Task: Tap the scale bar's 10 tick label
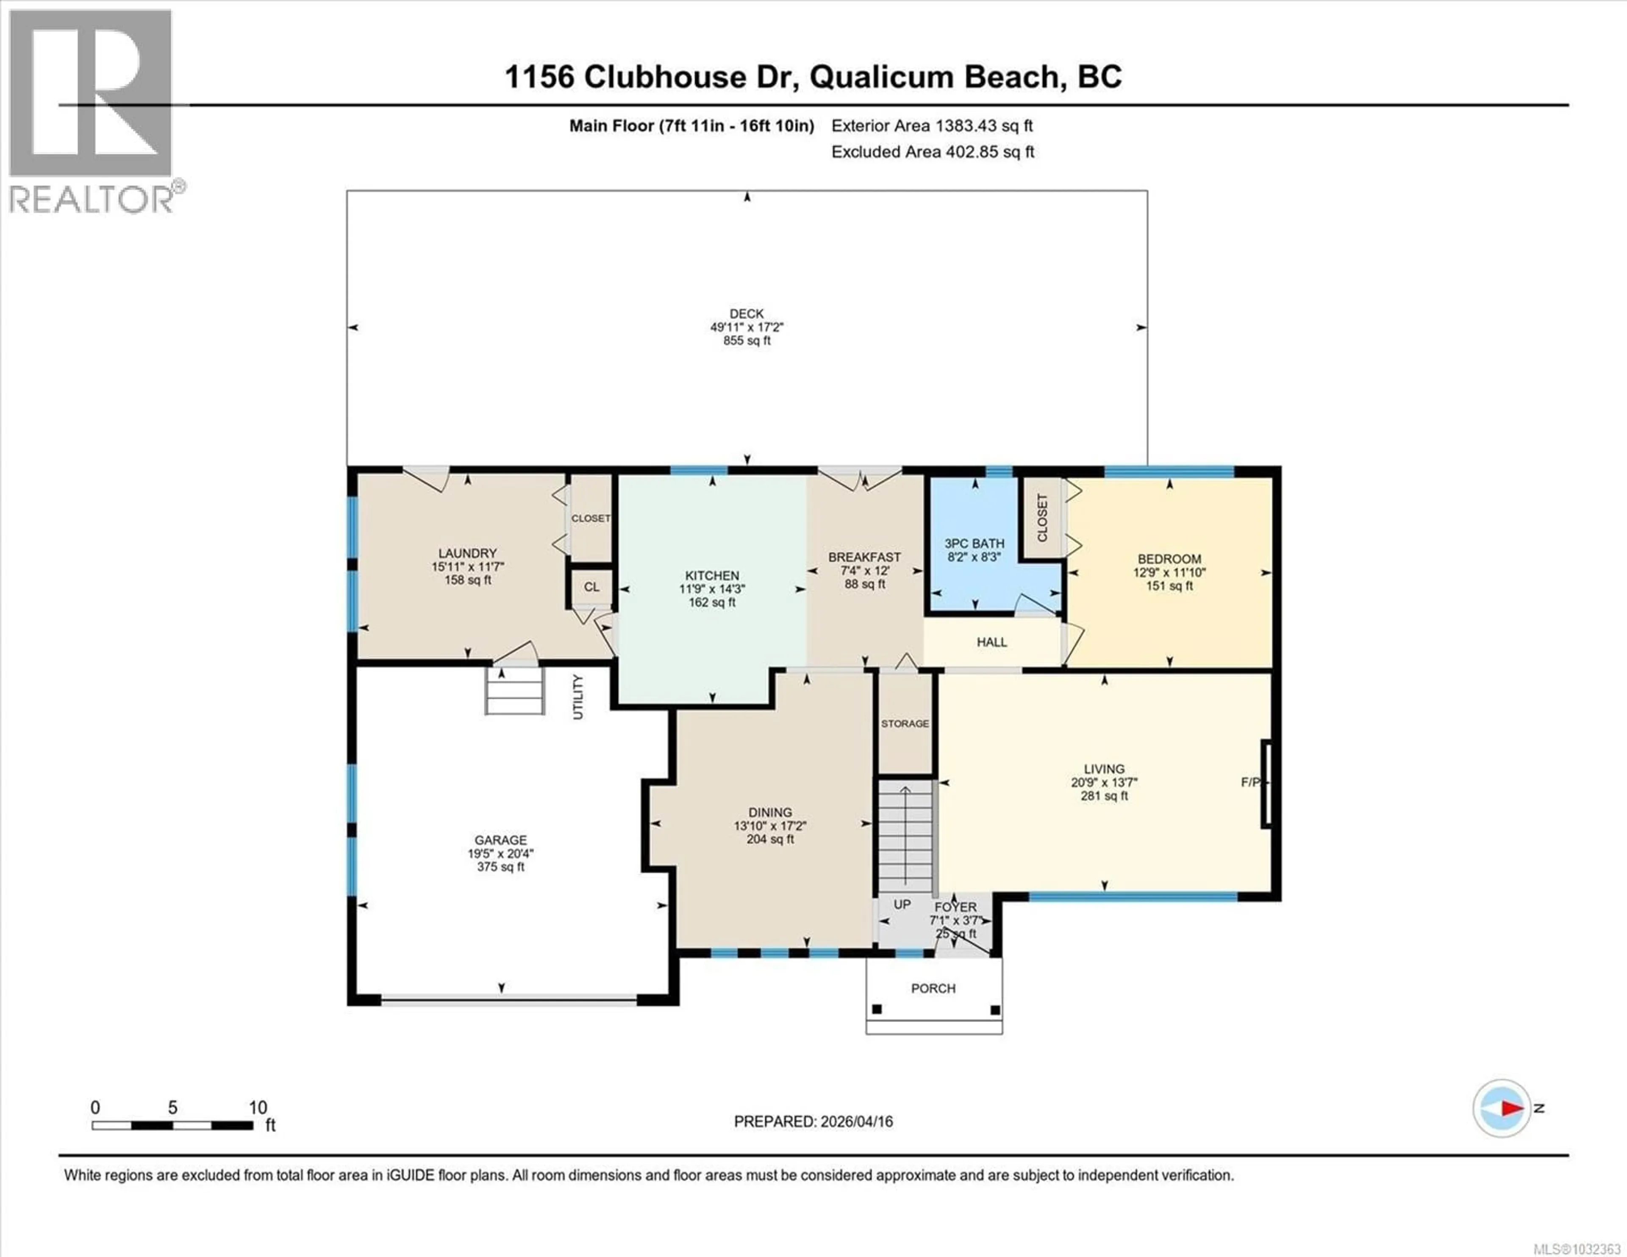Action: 258,1107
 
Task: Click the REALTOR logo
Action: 91,112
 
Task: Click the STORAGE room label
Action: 905,724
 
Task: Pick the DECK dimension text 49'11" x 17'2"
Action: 747,327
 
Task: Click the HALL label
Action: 991,641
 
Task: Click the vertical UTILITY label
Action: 578,696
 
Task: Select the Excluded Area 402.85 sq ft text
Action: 933,152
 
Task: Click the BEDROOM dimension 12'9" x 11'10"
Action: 1169,572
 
